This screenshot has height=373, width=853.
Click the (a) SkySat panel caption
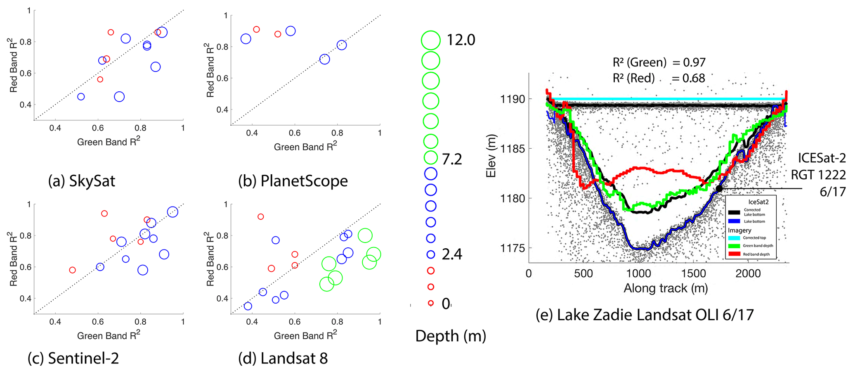pos(81,181)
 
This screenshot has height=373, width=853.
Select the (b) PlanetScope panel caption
pos(293,181)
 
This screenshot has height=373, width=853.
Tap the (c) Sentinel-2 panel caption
pos(73,358)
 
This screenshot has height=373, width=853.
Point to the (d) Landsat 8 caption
pos(283,358)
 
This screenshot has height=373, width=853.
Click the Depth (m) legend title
pos(450,336)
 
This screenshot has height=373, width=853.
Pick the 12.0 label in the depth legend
pos(461,40)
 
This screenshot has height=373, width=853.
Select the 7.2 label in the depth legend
pos(452,159)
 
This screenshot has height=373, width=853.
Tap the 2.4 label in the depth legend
pos(452,254)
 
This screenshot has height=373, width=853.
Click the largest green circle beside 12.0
pos(431,40)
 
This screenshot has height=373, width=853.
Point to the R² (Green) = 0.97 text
pos(659,62)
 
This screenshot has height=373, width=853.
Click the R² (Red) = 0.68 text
pos(659,78)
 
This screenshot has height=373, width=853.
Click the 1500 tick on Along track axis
pos(693,273)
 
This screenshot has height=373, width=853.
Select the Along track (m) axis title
pos(665,288)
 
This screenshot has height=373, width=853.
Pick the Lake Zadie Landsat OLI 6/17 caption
pos(645,315)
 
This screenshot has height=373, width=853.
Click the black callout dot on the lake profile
pos(719,189)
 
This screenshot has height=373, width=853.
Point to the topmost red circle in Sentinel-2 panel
pos(104,214)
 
